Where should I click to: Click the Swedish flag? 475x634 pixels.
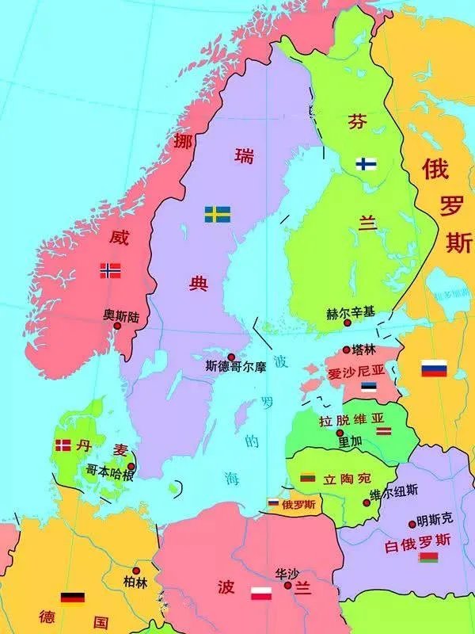tap(218, 214)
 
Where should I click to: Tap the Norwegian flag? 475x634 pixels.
tap(110, 270)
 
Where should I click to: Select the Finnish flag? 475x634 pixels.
tap(366, 163)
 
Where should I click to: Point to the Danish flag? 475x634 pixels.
tap(63, 445)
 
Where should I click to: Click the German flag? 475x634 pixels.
tap(73, 598)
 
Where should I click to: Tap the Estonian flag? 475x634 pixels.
tap(369, 388)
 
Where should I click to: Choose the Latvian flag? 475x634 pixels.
tap(384, 431)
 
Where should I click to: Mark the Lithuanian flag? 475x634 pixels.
tap(309, 478)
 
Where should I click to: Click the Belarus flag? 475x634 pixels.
tap(428, 559)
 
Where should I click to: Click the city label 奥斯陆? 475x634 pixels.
tap(120, 315)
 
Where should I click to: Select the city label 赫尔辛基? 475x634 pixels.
tap(349, 313)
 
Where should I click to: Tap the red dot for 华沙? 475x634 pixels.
tap(287, 586)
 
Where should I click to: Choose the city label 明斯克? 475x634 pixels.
tap(435, 520)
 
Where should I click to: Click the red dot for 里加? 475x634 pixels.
tap(340, 433)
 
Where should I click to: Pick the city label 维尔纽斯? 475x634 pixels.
tap(395, 491)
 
